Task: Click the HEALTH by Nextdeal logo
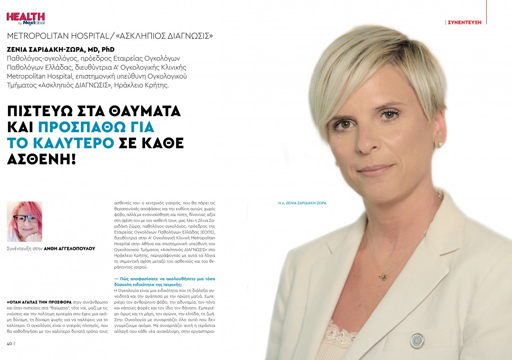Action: tap(26, 19)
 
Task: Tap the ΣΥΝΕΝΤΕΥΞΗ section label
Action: tap(464, 22)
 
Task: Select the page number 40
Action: tap(10, 343)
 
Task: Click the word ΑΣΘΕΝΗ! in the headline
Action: tap(41, 159)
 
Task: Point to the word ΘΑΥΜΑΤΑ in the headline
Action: tap(145, 111)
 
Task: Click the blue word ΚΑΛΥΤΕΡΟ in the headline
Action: tap(74, 143)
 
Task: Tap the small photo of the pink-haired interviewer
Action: tap(25, 221)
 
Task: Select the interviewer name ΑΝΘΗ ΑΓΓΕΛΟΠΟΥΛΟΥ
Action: tap(69, 249)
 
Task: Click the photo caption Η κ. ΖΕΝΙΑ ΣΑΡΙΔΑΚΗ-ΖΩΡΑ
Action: tap(302, 203)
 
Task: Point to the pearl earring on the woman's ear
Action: tap(441, 144)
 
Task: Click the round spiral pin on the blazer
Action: tap(417, 340)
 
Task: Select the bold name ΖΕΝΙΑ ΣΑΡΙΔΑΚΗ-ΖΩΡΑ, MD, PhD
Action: tap(61, 50)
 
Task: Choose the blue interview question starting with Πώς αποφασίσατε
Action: tap(164, 282)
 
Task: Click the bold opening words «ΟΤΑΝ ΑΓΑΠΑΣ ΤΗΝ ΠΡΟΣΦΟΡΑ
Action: tap(39, 302)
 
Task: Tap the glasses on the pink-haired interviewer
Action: tap(25, 219)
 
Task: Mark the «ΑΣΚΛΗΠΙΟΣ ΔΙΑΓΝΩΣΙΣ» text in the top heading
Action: tap(164, 36)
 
